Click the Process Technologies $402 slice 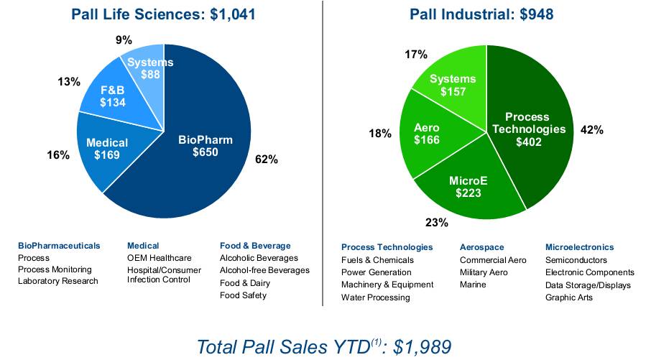[x=528, y=129]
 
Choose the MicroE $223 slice [x=464, y=187]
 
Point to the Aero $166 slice [x=427, y=134]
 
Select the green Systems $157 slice [x=453, y=85]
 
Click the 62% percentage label [x=266, y=159]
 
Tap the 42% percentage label [x=591, y=130]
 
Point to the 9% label [x=124, y=40]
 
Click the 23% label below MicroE [x=437, y=223]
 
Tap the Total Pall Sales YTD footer [x=324, y=346]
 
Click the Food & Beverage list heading [x=255, y=246]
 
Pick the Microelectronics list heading [x=579, y=246]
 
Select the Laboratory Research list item [x=57, y=281]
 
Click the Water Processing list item [x=375, y=297]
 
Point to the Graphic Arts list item [x=568, y=297]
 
